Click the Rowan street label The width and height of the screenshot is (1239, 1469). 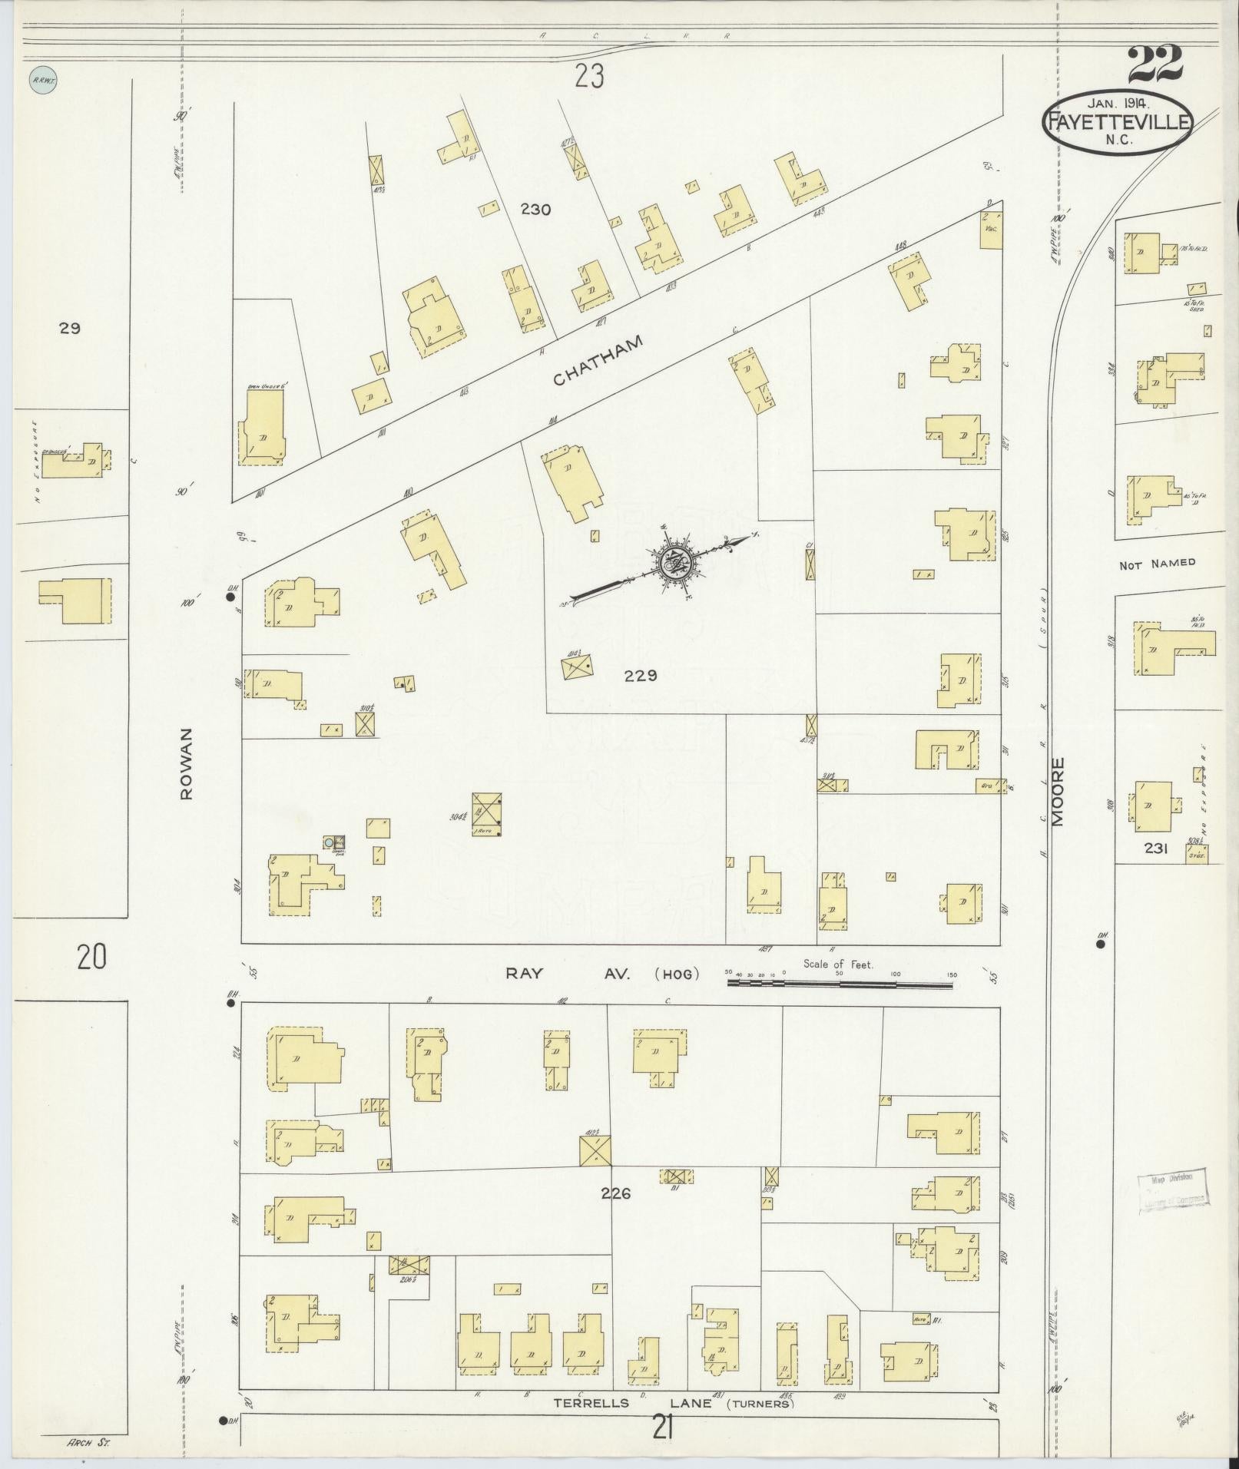point(186,763)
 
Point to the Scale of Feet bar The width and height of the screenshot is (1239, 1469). point(841,981)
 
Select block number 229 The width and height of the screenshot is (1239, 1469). point(641,676)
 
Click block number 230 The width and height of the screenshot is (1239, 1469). point(535,209)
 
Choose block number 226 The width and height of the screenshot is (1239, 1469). point(616,1193)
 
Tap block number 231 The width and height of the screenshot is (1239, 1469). point(1155,848)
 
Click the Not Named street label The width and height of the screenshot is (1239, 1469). point(1157,564)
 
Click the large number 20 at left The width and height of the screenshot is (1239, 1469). point(91,957)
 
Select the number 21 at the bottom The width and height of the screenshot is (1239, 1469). point(664,1428)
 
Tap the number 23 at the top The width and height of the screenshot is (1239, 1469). point(588,76)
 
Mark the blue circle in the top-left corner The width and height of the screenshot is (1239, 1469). point(43,78)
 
